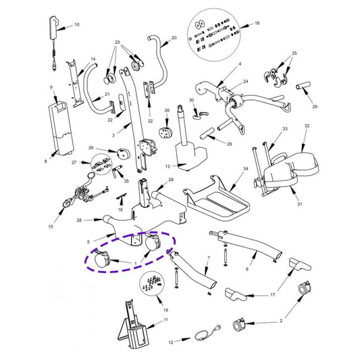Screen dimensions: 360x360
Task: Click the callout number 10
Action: click(77, 24)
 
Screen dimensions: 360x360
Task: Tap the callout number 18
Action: click(257, 23)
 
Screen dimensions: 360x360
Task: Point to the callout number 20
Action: click(174, 38)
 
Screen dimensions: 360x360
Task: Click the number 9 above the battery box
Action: click(51, 87)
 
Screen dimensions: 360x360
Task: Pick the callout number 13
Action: click(168, 166)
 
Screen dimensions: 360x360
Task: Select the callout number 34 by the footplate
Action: click(246, 169)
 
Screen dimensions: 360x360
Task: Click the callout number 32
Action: click(307, 126)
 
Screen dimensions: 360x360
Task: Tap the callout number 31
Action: click(300, 204)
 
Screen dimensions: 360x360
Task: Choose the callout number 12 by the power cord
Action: click(171, 342)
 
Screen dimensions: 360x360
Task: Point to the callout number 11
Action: click(165, 319)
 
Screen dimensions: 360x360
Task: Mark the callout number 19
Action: click(165, 310)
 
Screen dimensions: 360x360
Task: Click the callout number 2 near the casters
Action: click(281, 321)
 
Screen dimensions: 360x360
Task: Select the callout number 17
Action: click(272, 294)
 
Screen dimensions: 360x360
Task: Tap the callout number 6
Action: click(247, 269)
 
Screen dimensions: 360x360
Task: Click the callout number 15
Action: click(51, 226)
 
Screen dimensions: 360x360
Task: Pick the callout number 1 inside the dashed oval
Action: click(136, 263)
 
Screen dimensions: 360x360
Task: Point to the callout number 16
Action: click(120, 209)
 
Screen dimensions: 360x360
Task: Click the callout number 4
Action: click(240, 63)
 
